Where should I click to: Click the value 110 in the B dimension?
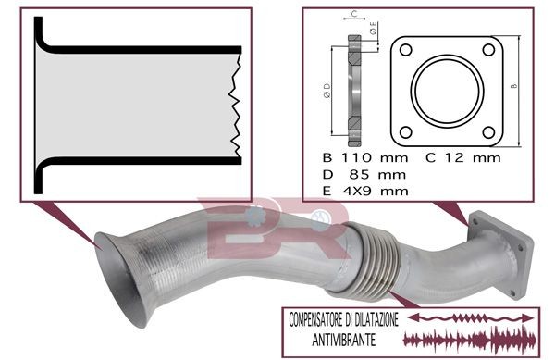[356, 157]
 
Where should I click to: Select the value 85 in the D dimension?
[360, 175]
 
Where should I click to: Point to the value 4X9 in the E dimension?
[357, 192]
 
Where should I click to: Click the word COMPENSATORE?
[316, 319]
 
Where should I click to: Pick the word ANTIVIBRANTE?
[344, 341]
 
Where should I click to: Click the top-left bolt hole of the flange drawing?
[406, 50]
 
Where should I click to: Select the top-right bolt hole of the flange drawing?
[488, 50]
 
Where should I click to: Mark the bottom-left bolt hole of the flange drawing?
[406, 132]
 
